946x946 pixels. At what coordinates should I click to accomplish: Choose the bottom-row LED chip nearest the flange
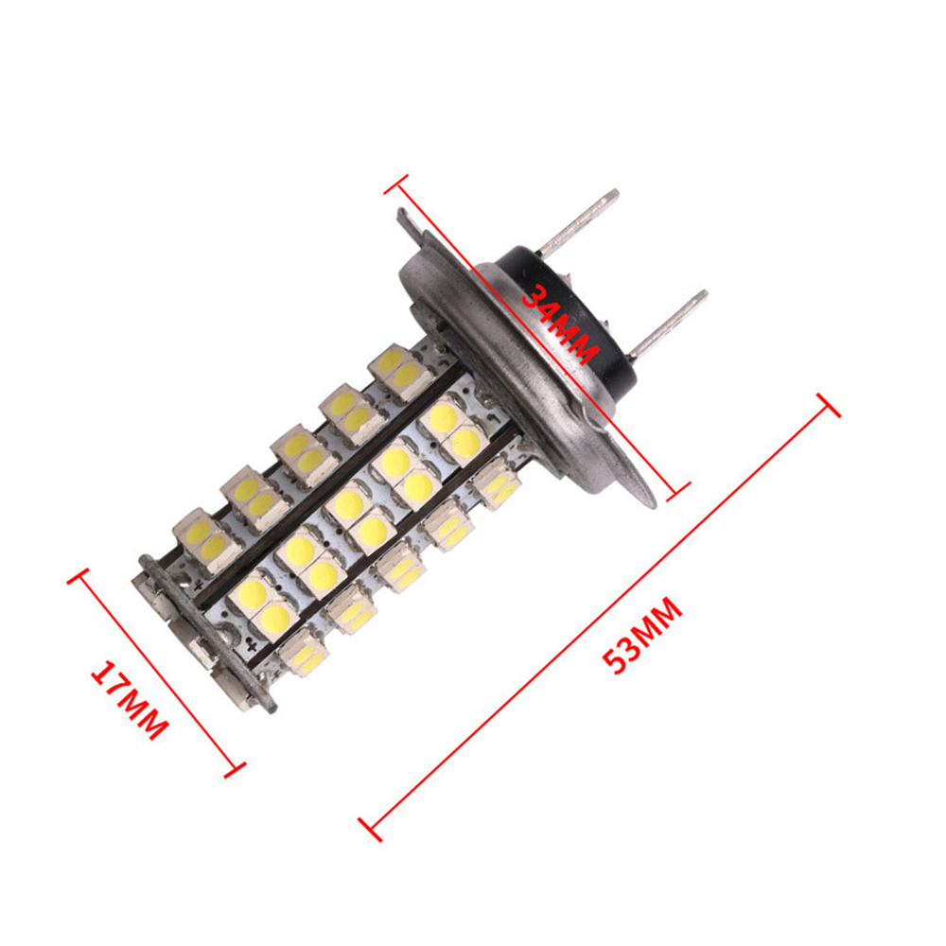pos(497,483)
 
